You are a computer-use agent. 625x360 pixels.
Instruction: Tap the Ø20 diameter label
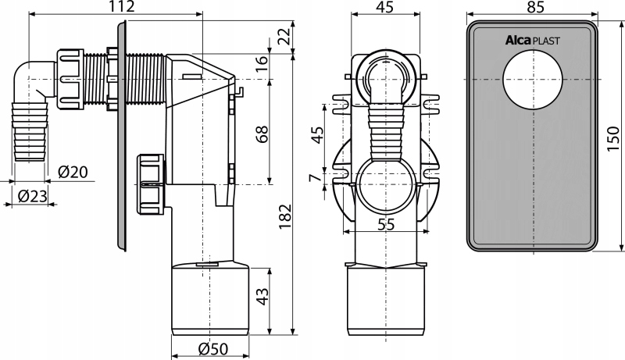tap(73, 172)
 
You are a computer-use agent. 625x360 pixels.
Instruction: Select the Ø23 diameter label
tap(33, 195)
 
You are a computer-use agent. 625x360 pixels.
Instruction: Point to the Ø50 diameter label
tap(213, 349)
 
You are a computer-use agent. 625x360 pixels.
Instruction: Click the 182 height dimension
tap(285, 217)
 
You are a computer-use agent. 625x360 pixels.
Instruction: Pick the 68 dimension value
tap(262, 134)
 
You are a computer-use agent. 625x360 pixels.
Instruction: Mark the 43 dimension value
tap(262, 296)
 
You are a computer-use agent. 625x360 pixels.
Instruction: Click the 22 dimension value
tap(284, 37)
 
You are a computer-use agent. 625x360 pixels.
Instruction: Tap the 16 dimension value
tap(262, 63)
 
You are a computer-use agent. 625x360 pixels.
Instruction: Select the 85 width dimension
tap(535, 7)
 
